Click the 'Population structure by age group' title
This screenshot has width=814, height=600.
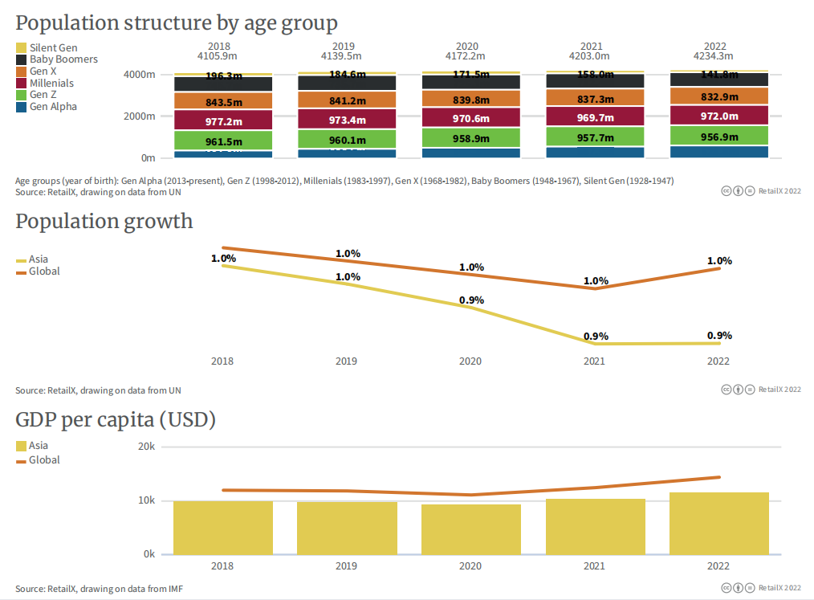177,22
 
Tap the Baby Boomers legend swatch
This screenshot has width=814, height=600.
22,59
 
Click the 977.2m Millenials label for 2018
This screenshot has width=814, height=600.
224,120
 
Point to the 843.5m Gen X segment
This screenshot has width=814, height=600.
224,101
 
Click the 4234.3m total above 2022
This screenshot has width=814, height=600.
719,56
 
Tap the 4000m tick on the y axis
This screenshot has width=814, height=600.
139,75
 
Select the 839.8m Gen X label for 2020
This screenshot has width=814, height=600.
471,100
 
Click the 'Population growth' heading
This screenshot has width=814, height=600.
104,221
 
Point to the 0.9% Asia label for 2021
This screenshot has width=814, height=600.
596,337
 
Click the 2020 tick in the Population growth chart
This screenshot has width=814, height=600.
470,361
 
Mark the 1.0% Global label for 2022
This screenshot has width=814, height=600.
719,261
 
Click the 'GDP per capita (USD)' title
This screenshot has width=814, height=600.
116,419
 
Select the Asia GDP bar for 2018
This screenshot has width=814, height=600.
223,528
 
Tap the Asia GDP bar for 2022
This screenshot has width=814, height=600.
719,523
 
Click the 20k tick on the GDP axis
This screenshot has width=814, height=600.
145,447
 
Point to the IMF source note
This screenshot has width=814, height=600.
100,589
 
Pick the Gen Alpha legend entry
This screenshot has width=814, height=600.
53,107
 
